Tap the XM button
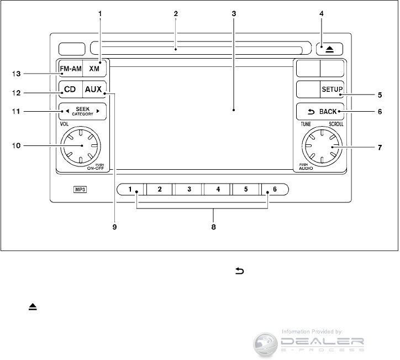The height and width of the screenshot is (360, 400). (94, 69)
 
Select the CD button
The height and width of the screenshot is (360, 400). (69, 88)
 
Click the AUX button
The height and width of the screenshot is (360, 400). (94, 88)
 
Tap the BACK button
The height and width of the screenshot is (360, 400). (320, 111)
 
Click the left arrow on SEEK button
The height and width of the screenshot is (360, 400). (67, 111)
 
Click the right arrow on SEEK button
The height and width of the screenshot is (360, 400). (98, 111)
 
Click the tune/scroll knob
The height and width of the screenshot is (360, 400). (320, 145)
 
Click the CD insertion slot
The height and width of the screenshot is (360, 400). (199, 49)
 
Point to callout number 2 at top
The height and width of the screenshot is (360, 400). (175, 12)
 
